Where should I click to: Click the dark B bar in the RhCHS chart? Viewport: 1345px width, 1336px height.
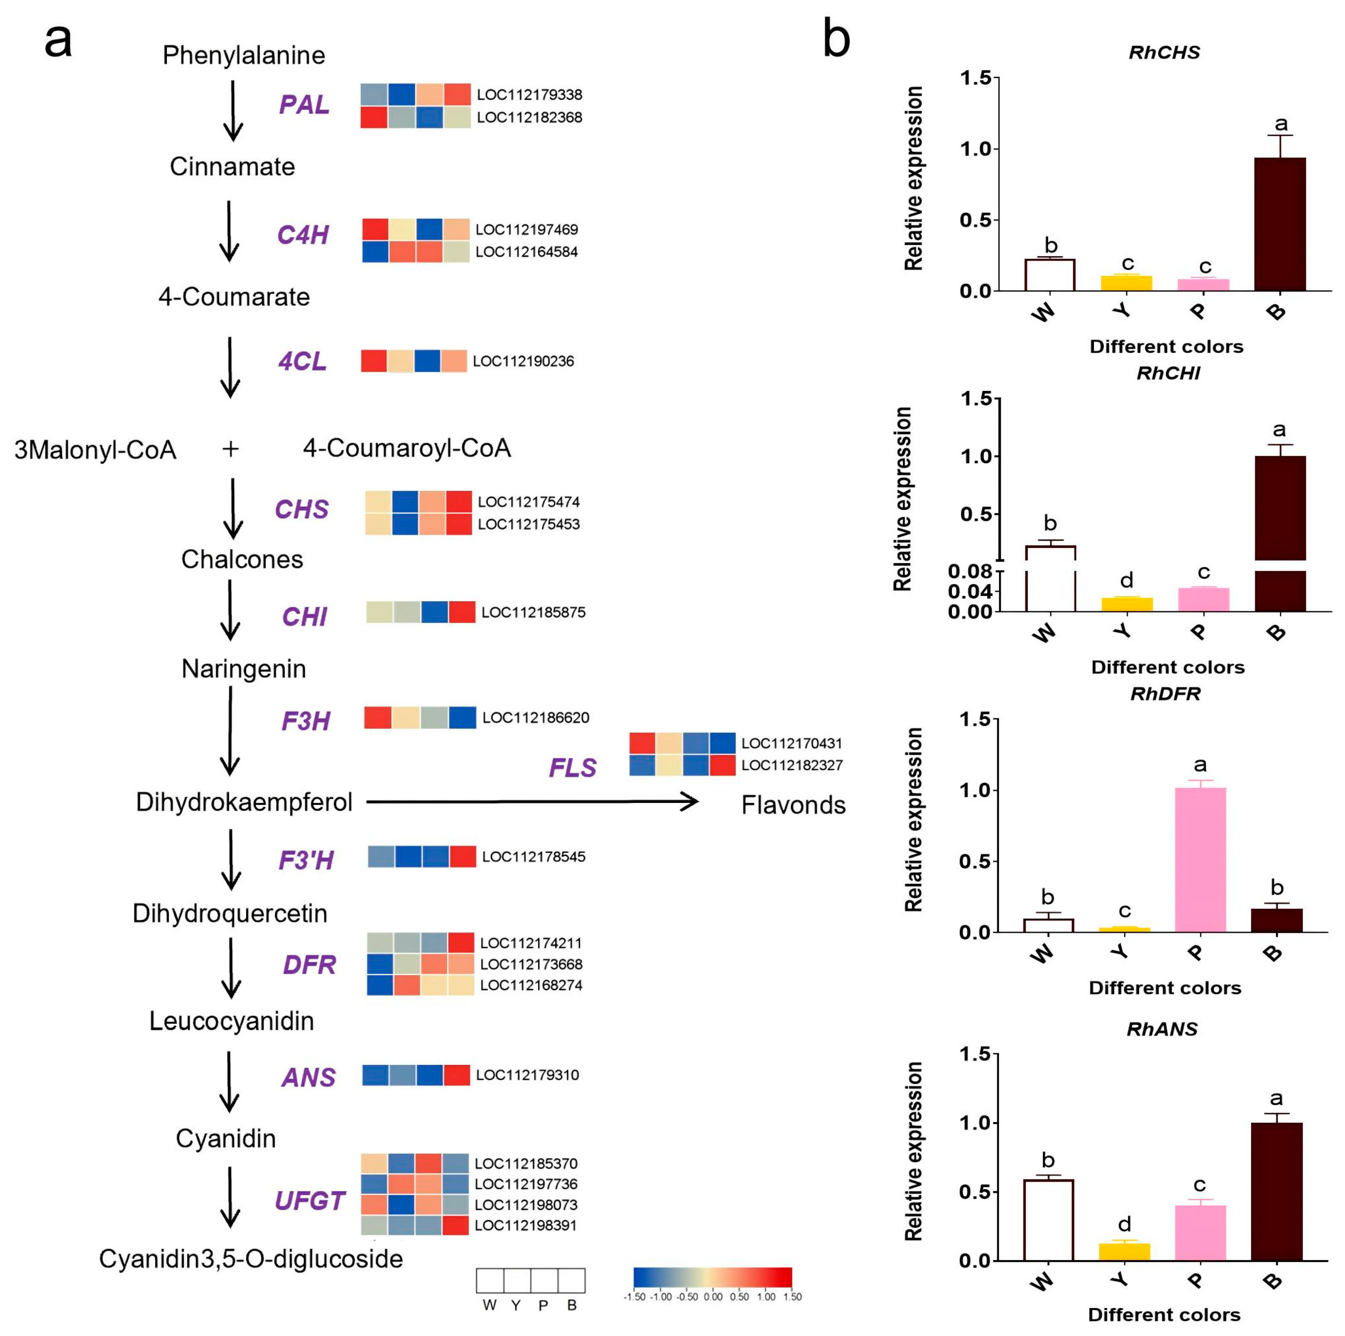click(1280, 224)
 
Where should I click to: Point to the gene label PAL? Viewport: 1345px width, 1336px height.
click(304, 105)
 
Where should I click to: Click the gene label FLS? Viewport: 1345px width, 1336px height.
click(572, 768)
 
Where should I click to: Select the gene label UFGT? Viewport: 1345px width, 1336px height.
click(310, 1200)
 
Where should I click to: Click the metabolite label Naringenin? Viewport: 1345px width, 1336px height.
click(244, 669)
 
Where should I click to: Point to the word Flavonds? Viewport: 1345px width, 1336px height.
click(793, 805)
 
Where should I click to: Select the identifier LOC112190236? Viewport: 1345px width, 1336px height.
click(523, 361)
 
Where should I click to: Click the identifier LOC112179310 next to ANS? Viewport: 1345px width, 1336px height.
click(527, 1075)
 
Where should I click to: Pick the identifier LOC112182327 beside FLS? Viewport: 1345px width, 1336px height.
click(791, 765)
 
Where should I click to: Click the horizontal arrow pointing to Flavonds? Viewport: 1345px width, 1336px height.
click(532, 802)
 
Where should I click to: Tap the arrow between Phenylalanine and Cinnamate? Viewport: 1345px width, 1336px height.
click(233, 111)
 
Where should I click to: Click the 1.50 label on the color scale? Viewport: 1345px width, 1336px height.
click(792, 1297)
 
